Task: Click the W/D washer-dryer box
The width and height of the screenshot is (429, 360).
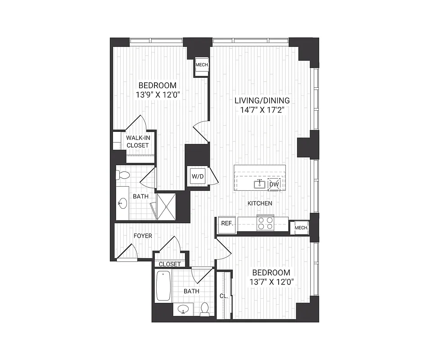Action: click(198, 176)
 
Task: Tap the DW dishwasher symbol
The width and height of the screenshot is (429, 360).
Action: click(274, 184)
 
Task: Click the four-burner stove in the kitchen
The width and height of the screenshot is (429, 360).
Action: click(265, 223)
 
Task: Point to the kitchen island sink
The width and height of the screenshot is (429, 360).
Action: click(260, 183)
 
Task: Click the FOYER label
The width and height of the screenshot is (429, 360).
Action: click(143, 236)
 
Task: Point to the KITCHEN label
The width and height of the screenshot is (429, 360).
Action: click(260, 203)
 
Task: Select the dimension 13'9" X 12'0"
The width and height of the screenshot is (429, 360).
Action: click(157, 95)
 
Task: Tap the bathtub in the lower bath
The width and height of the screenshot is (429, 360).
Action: click(163, 286)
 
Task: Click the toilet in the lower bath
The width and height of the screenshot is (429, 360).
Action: click(205, 309)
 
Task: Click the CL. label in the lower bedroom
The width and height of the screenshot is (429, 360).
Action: click(224, 297)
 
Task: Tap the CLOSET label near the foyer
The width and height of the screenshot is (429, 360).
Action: click(170, 264)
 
